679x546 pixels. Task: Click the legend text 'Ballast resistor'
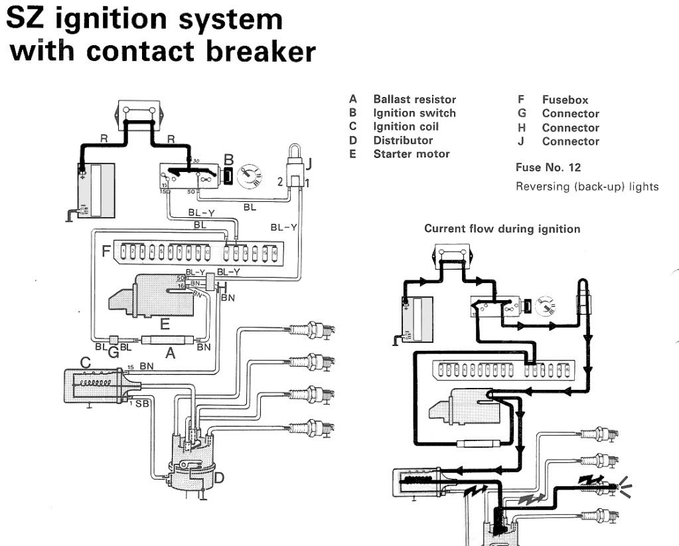click(414, 100)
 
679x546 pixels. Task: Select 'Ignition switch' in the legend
click(414, 113)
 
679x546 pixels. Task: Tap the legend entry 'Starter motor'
click(411, 154)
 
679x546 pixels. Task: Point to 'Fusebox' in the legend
click(565, 100)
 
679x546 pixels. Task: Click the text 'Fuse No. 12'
click(548, 167)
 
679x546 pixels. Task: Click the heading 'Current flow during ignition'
click(502, 229)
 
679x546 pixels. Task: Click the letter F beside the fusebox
click(106, 252)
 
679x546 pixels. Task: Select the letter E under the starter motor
click(165, 324)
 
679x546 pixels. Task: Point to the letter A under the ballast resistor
click(171, 355)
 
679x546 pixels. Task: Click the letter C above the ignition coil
click(85, 363)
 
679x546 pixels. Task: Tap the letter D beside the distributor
click(219, 476)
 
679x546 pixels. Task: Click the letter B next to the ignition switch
click(228, 160)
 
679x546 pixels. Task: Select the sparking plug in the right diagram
click(601, 487)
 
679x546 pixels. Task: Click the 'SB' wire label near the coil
click(142, 404)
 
